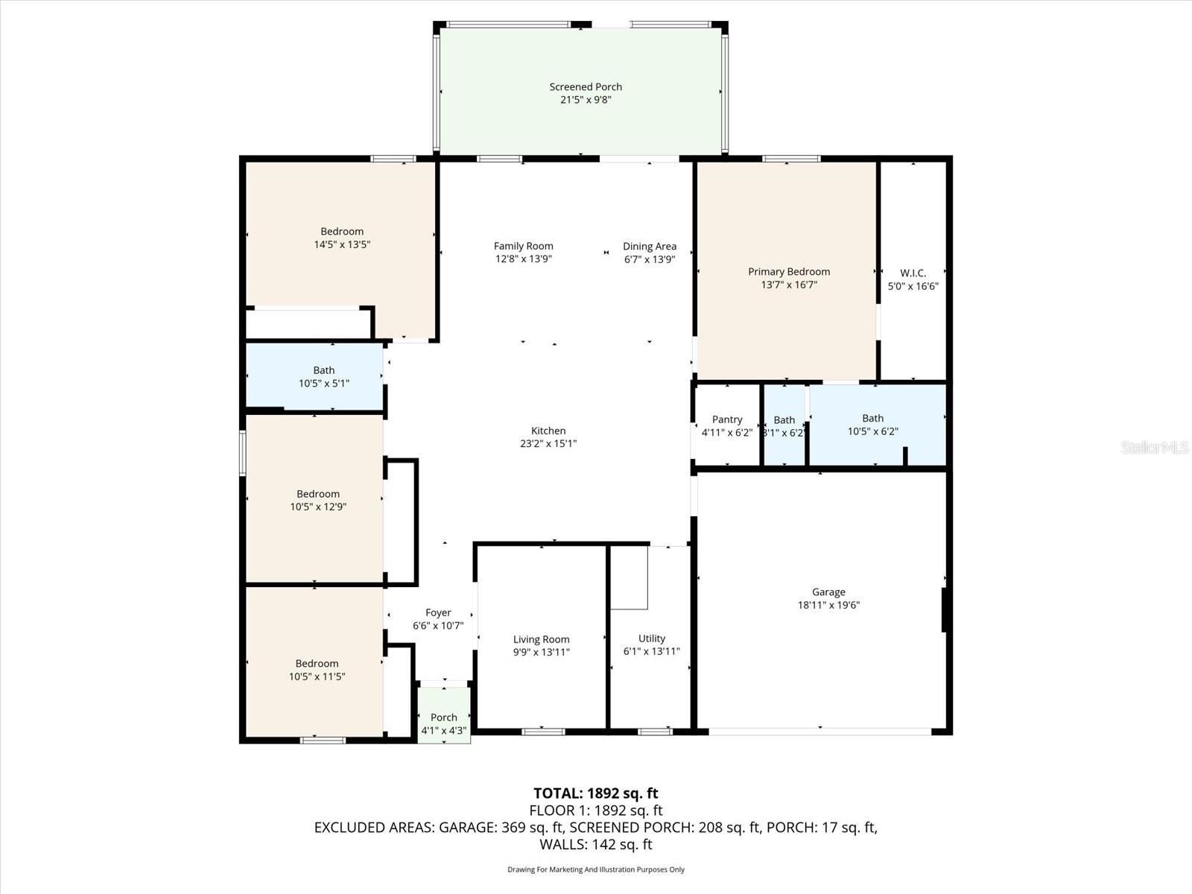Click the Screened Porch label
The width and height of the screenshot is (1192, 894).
[x=586, y=87]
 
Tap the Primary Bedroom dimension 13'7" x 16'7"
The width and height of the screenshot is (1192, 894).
[x=788, y=285]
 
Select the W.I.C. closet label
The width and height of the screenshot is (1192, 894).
[x=913, y=273]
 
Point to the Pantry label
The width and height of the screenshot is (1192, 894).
[x=727, y=419]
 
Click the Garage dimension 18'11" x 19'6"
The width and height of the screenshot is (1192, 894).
[x=828, y=605]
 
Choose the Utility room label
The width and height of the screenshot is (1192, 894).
[x=652, y=638]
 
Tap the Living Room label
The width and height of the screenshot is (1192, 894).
[x=542, y=639]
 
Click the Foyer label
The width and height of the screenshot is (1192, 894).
[x=438, y=613]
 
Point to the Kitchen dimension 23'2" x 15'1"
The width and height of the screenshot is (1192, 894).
[x=548, y=443]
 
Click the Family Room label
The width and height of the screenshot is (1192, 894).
[x=524, y=247]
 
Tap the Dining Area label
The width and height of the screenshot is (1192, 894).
[x=650, y=247]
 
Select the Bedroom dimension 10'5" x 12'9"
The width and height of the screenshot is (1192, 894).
[x=318, y=507]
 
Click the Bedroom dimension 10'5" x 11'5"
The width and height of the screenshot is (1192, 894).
[x=317, y=677]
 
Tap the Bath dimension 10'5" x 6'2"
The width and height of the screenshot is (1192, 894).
[x=873, y=431]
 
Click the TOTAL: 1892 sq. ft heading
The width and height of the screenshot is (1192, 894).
[x=596, y=793]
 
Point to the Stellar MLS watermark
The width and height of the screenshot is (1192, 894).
[x=1155, y=448]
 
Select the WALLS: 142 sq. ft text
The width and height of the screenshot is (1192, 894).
[x=596, y=845]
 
